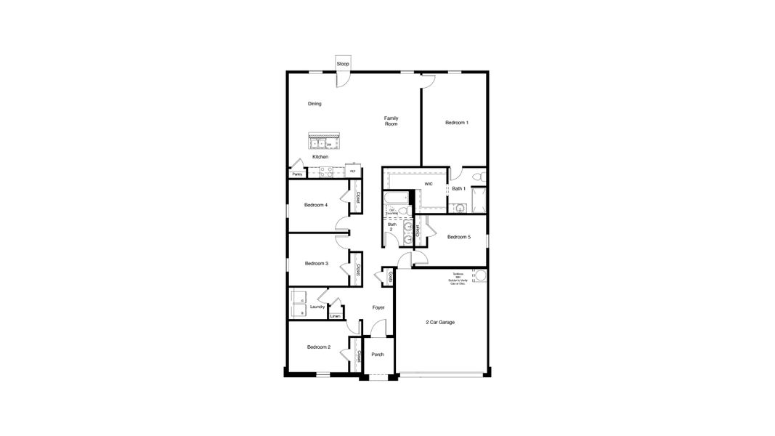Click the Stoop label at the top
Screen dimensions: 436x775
pos(343,65)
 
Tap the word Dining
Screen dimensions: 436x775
pos(315,104)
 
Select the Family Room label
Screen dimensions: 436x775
pos(391,121)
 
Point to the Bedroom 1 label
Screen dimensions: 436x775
pos(457,123)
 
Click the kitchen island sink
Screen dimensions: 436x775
pos(317,144)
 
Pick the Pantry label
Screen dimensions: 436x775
pos(297,174)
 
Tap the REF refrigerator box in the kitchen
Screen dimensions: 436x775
pos(353,171)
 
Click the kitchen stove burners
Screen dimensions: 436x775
pos(324,172)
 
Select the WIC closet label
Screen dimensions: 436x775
pos(429,184)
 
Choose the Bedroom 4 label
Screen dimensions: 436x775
pos(316,205)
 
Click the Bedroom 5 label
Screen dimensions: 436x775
pos(459,237)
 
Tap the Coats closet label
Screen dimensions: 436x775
pos(390,277)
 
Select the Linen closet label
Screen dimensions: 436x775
pos(335,316)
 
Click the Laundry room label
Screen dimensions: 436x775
pos(317,307)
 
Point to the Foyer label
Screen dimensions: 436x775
pos(378,307)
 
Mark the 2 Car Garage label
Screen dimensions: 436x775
pos(440,322)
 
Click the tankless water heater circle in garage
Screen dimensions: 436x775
pos(479,276)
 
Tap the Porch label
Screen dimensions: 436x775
pos(378,355)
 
